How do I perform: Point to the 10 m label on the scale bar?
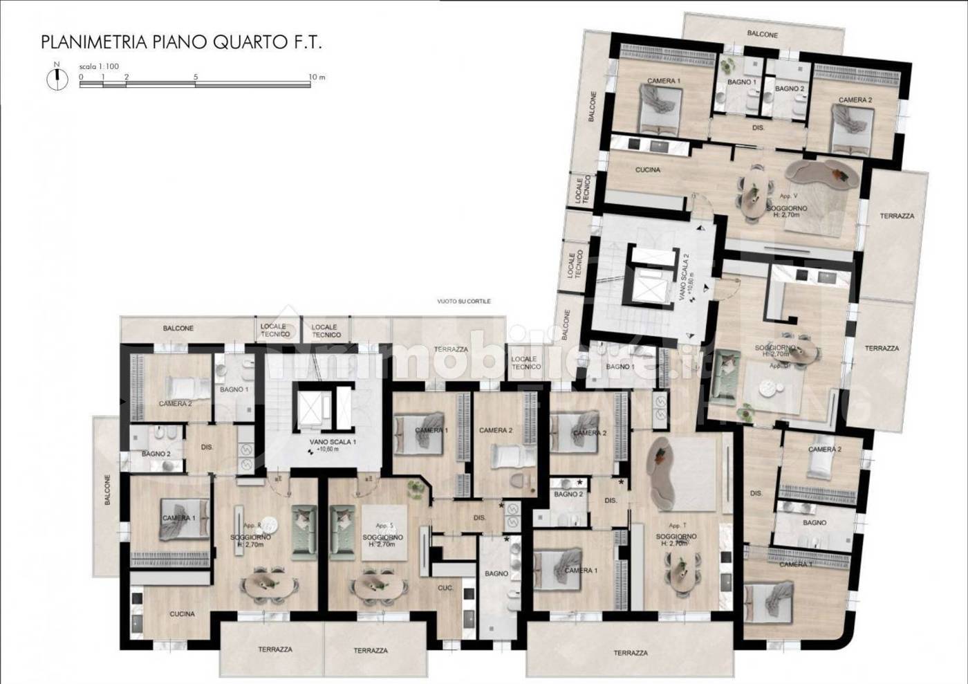coord(317,77)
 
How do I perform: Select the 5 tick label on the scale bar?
coord(196,77)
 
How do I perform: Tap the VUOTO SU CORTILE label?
coord(463,302)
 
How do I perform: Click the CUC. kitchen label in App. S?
coord(445,588)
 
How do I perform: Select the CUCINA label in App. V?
coord(647,169)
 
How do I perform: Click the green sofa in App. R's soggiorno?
coord(304,531)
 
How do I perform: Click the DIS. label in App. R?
coord(207,447)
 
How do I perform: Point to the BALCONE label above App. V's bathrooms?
coord(762,34)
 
